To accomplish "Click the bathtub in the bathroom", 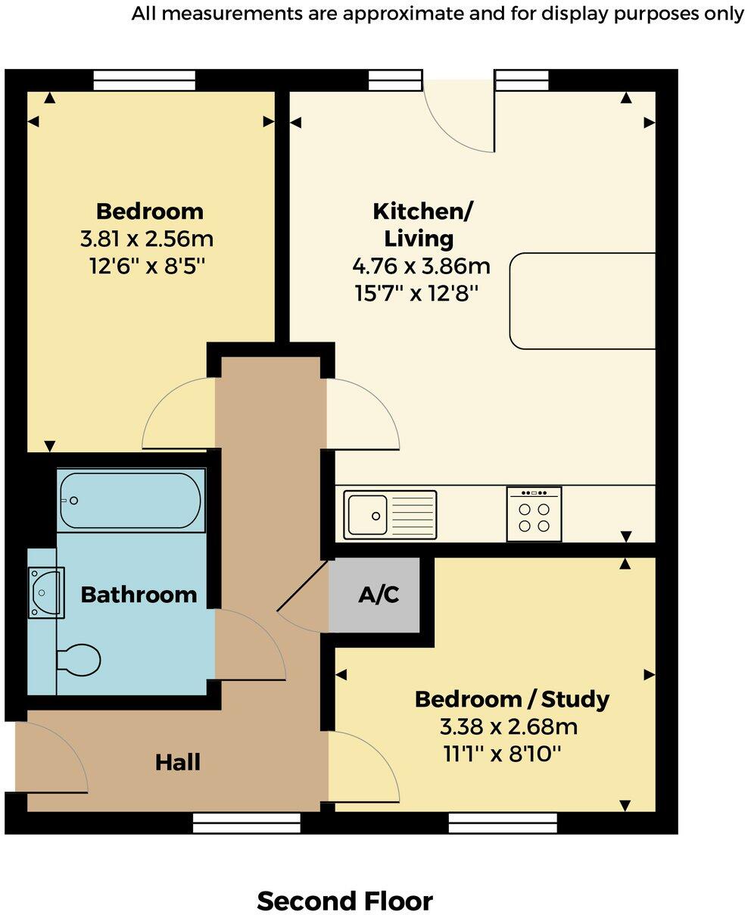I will (131, 501).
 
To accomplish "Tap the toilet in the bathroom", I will (79, 660).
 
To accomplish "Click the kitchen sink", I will (390, 516).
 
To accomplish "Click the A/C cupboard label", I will (379, 595).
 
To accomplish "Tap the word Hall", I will (178, 762).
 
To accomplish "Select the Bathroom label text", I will (139, 595).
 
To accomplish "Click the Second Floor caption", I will (344, 901).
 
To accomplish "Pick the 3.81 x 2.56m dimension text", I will (147, 239).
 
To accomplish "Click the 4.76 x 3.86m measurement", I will (421, 266).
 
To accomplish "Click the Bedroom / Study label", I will (512, 698).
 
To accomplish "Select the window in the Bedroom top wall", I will (145, 80).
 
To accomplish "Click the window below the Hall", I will (247, 823).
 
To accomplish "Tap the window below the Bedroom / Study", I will (503, 823).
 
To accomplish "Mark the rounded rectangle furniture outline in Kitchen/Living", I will (582, 301).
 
